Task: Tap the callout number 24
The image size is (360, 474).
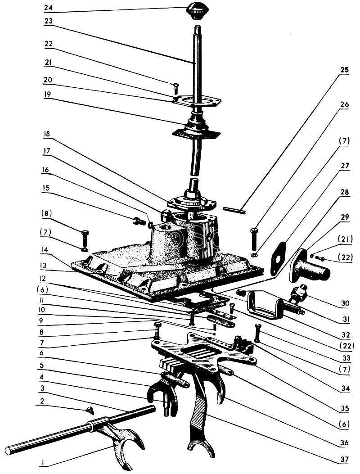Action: pyautogui.click(x=49, y=8)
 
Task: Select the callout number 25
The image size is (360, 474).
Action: pyautogui.click(x=345, y=71)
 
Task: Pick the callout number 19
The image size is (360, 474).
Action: pyautogui.click(x=49, y=95)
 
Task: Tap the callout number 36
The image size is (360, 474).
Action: pyautogui.click(x=344, y=442)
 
